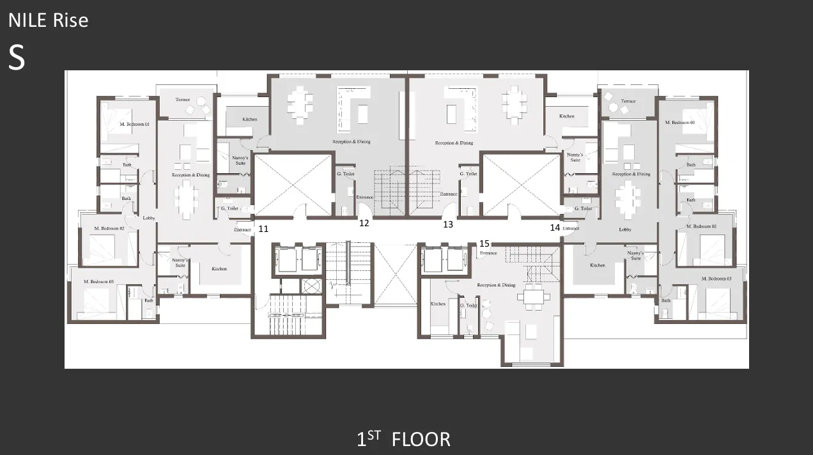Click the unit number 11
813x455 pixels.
coord(263,228)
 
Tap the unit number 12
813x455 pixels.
coord(364,223)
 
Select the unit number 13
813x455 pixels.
coord(448,224)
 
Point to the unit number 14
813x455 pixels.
coord(555,227)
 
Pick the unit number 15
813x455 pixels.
coord(484,243)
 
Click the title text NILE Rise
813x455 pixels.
coord(48,20)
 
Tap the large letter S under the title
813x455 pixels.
coord(17,58)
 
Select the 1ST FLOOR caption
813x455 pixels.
coord(403,440)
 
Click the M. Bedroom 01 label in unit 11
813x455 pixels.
coord(134,124)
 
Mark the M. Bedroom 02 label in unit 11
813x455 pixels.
coord(109,228)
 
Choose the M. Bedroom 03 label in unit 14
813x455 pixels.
coord(716,279)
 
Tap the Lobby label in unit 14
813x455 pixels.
coord(625,229)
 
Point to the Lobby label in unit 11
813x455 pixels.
coord(149,218)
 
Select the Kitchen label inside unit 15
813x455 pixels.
coord(438,304)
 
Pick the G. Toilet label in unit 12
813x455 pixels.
coord(345,174)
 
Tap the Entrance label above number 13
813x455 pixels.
coord(448,194)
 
